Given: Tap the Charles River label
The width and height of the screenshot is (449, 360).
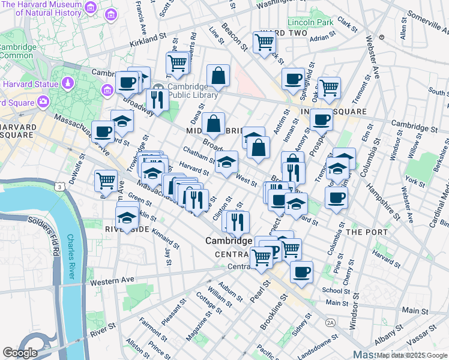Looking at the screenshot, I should click(71, 259).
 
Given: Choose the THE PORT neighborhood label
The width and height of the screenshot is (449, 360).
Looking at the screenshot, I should click(363, 232).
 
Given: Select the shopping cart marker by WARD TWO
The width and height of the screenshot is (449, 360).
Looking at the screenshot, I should click(264, 42).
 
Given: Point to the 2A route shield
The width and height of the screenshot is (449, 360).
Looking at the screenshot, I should click(330, 322).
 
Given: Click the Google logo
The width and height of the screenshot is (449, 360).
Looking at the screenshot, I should click(20, 353).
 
